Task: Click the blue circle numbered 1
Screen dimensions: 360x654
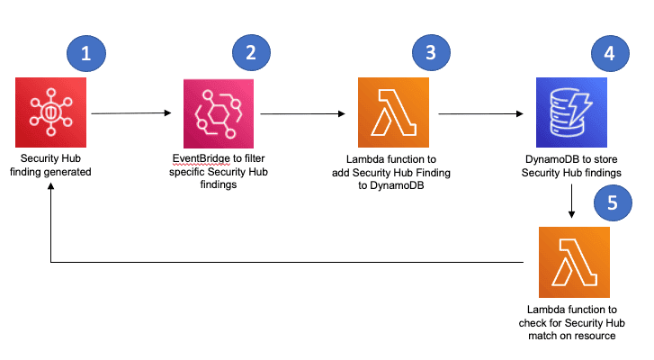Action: coord(86,53)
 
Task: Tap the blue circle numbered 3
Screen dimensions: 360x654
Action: coord(431,53)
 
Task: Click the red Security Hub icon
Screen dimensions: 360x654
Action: coord(50,113)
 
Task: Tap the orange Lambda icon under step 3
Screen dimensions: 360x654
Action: coord(393,113)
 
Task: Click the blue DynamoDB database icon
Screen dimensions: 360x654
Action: coord(571,113)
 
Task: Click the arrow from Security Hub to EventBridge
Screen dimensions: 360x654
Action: coord(131,113)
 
